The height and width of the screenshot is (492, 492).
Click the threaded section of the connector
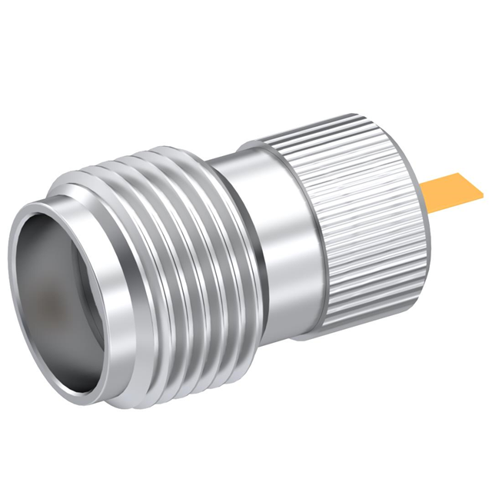pyautogui.click(x=154, y=254)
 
